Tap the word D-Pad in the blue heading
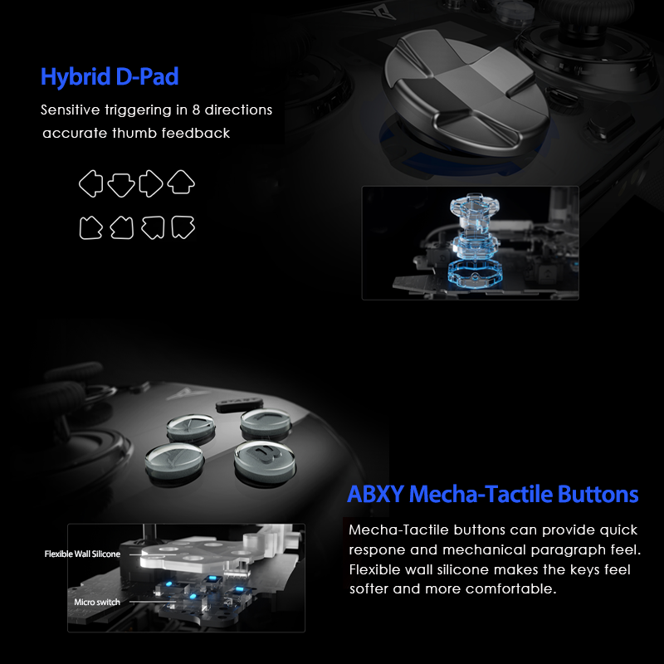[148, 78]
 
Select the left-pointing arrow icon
[91, 183]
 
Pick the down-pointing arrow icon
[121, 183]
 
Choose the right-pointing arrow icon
[151, 183]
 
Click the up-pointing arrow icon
[181, 183]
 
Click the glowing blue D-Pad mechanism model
[470, 241]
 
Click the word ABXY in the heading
[375, 495]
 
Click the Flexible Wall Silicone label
[82, 554]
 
